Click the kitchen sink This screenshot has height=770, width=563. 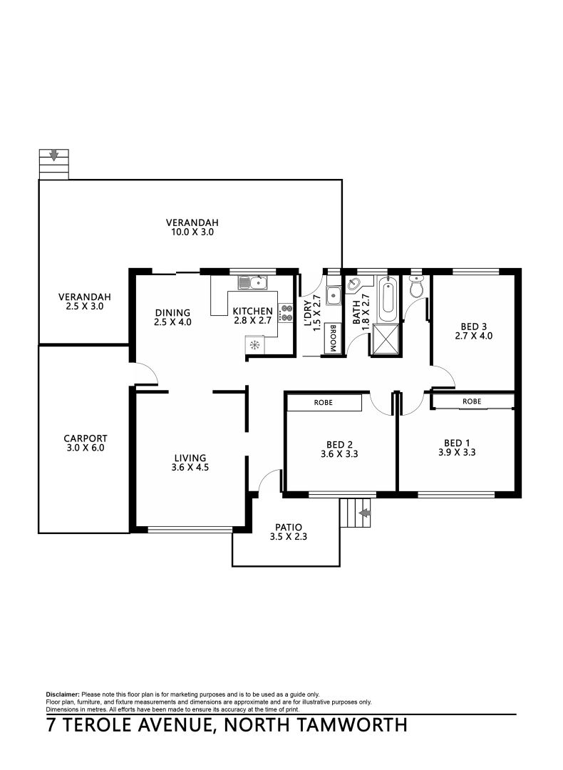coord(252,283)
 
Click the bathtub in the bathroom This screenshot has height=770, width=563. coord(388,300)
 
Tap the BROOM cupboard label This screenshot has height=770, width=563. coord(332,338)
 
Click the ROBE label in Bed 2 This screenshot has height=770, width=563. coord(323,403)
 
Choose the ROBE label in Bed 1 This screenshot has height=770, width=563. coord(471,402)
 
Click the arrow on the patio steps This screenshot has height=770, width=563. coord(365,513)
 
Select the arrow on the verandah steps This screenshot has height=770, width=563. coord(53,155)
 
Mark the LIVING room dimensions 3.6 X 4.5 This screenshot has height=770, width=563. coord(191,468)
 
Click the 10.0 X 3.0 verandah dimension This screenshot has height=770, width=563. coord(192,232)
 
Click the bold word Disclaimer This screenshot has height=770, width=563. coord(63,694)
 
